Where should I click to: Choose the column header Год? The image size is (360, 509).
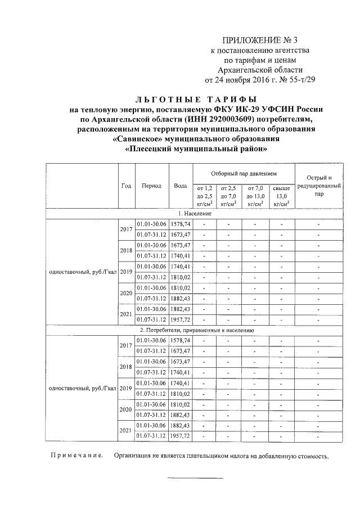coord(126,186)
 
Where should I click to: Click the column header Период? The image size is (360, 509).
coord(151,186)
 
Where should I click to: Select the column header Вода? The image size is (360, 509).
coord(181,186)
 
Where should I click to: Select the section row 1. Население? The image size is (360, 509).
coord(195,214)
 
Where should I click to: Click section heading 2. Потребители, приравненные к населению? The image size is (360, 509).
coord(197,331)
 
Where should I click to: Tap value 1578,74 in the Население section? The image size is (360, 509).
coord(181,224)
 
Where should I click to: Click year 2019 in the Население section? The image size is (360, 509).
coord(126,272)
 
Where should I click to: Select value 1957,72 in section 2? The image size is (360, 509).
coord(181,436)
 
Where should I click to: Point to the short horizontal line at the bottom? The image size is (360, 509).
coord(195,479)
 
